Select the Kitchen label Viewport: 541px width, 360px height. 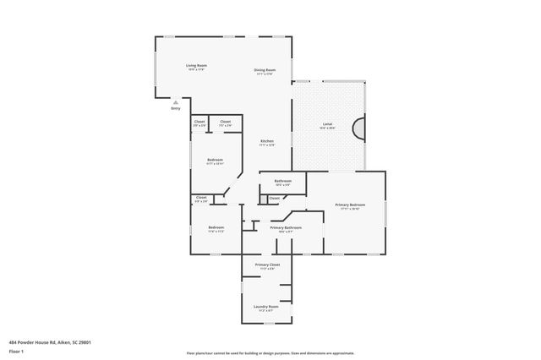coord(266,142)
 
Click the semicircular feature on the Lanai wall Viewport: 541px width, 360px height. coord(360,128)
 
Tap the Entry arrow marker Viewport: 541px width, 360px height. coord(175,101)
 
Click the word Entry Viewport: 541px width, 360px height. coord(175,108)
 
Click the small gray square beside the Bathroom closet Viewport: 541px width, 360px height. coord(263,199)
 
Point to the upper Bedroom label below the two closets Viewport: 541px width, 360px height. coord(215,161)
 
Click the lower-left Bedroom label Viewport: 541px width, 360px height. coord(216,228)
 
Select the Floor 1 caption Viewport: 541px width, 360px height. coord(17,351)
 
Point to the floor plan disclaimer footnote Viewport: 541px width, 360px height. coord(270,352)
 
